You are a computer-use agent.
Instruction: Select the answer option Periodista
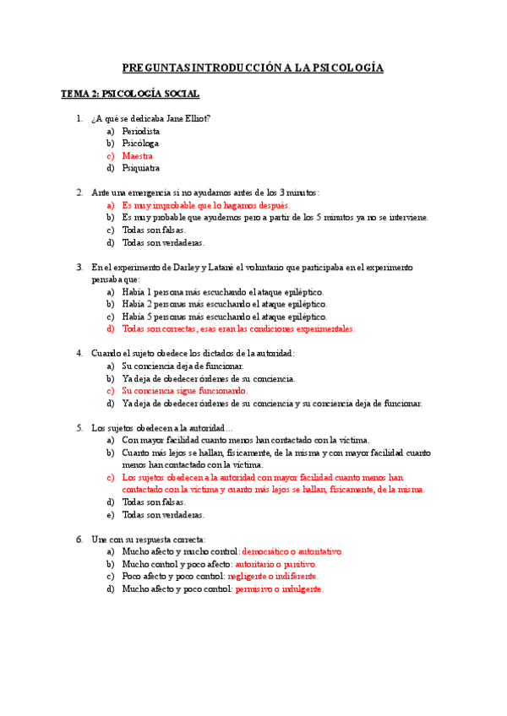tap(140, 132)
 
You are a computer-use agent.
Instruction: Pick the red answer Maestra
tap(138, 156)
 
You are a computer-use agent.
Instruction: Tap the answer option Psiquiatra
tap(140, 168)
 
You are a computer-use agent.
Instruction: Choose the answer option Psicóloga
tap(140, 144)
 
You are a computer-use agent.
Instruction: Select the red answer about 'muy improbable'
tap(205, 205)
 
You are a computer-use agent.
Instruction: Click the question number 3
tap(79, 267)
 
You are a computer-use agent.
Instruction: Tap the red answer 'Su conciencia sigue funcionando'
tap(185, 391)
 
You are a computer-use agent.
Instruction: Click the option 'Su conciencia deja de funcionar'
tap(183, 366)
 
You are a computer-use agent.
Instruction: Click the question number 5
tap(79, 428)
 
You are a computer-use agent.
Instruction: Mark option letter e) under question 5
tap(110, 514)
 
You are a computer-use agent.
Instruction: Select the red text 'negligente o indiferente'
tap(272, 577)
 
